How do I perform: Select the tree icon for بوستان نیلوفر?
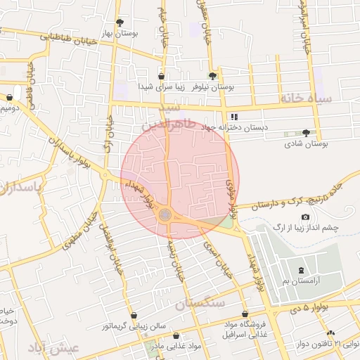[212, 76]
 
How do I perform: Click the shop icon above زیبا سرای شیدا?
[162, 76]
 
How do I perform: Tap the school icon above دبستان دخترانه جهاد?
[234, 117]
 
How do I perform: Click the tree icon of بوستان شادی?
[305, 132]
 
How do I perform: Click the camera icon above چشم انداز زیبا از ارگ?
[304, 216]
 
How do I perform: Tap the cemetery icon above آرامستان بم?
[302, 270]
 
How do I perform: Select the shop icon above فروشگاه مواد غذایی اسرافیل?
[245, 314]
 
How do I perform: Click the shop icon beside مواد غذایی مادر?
[176, 336]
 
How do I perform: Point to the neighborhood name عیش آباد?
[54, 348]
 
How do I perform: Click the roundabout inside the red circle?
[165, 214]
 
